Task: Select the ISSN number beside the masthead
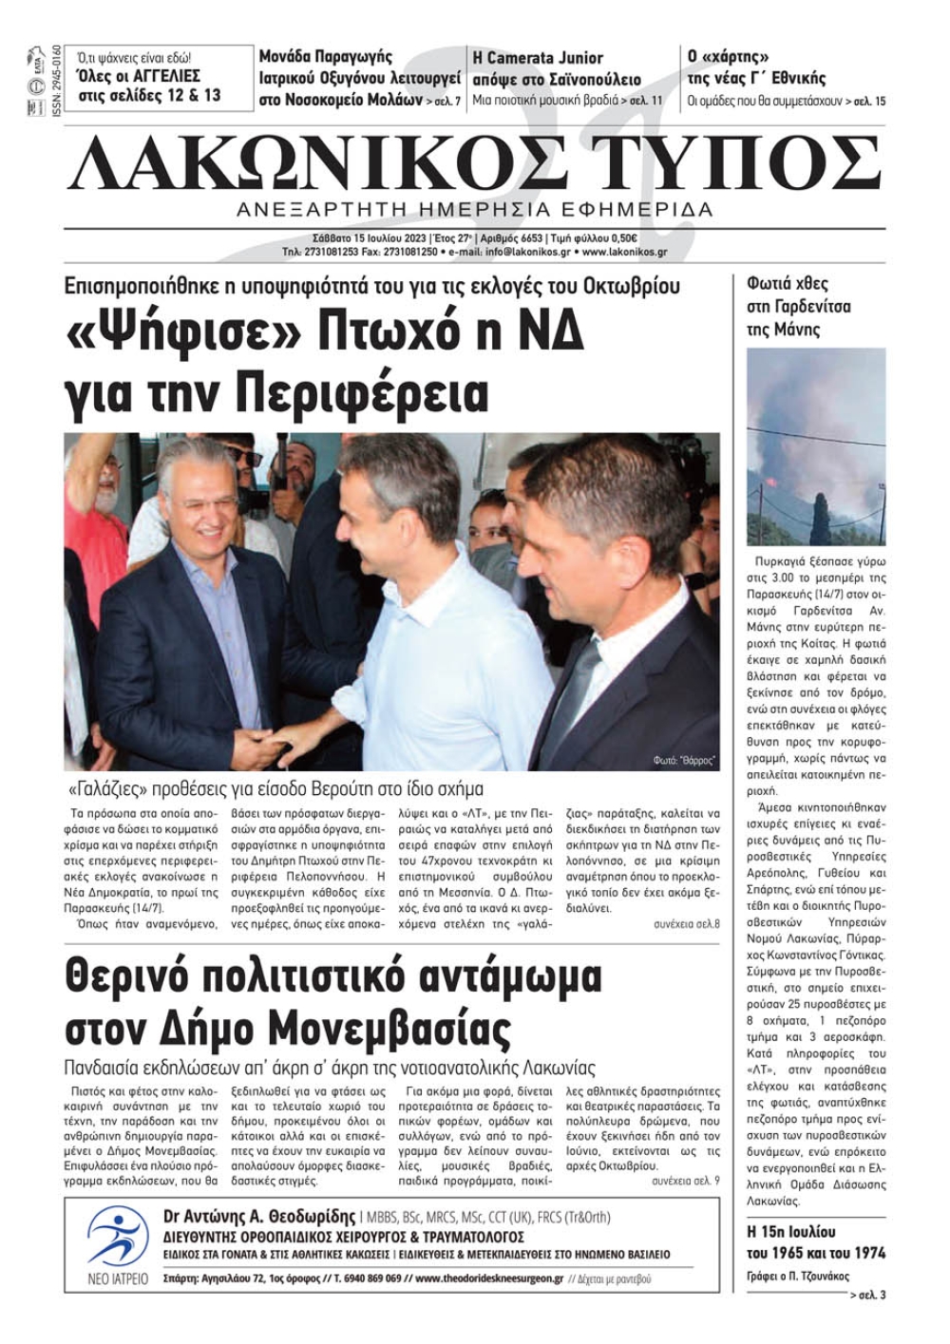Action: pos(57,82)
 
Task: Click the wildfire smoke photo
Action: pos(816,446)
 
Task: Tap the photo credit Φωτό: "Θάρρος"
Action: pos(684,761)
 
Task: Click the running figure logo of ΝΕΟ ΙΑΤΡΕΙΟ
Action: pos(118,1236)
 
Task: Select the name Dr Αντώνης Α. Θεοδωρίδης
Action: pos(259,1217)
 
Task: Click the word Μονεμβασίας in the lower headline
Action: pos(390,1029)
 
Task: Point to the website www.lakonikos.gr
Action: pos(624,253)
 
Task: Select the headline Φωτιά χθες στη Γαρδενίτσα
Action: pos(799,306)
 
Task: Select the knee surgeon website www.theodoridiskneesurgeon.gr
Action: pos(489,1278)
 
